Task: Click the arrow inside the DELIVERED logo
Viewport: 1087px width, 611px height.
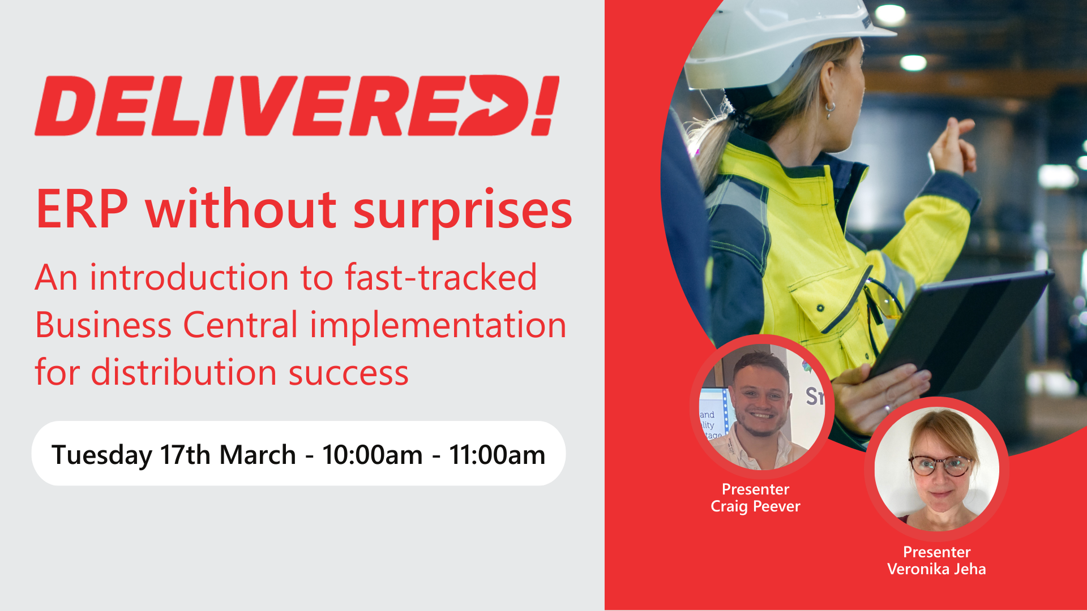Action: pos(497,106)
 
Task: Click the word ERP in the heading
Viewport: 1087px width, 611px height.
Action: pos(82,209)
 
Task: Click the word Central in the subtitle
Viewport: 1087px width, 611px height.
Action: pos(241,325)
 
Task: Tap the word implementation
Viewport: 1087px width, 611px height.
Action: pos(438,326)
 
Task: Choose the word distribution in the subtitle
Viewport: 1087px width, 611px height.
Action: pos(183,373)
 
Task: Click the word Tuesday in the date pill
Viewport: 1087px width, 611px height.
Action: pos(102,455)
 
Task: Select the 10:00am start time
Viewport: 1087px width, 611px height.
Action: pos(372,455)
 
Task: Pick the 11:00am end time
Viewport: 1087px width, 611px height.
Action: pos(497,455)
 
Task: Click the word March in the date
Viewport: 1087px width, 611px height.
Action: pos(258,455)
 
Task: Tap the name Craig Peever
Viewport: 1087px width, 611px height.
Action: pos(755,506)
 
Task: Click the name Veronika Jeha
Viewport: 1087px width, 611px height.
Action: pos(936,569)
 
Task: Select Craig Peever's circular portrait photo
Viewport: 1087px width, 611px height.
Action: pos(761,406)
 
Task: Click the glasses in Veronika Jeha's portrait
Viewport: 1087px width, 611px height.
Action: pos(940,465)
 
